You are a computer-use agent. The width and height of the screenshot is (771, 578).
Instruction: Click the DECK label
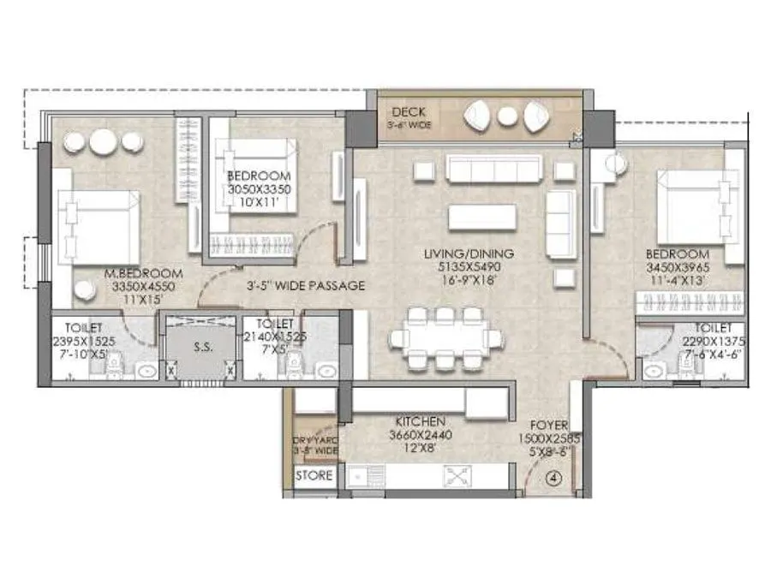[x=409, y=112]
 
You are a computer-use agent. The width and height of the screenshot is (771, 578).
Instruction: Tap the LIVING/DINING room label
[x=469, y=253]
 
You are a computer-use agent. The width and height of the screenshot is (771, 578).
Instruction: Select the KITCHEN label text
[x=420, y=422]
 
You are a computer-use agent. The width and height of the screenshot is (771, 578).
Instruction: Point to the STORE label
[x=314, y=476]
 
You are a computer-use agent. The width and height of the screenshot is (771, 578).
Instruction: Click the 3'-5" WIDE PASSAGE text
[x=306, y=285]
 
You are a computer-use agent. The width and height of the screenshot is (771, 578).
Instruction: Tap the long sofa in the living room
[x=494, y=170]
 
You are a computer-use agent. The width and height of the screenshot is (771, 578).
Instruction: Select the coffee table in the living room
[x=481, y=217]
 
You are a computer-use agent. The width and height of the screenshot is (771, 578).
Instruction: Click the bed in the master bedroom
[x=97, y=224]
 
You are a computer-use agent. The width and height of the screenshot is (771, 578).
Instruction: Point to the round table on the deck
[x=508, y=116]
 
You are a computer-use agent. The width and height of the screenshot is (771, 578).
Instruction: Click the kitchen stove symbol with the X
[x=454, y=476]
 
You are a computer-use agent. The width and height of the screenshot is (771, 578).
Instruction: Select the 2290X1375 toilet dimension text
[x=713, y=340]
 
